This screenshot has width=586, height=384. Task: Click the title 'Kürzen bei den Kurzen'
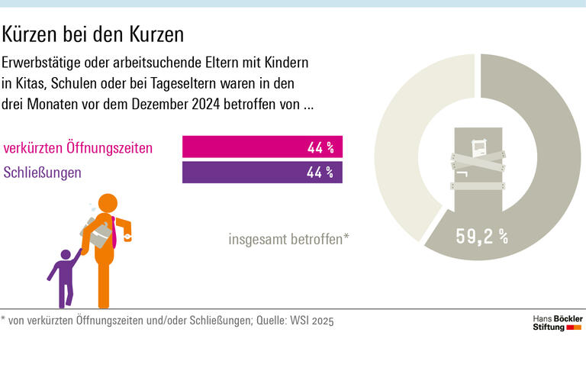pyautogui.click(x=93, y=34)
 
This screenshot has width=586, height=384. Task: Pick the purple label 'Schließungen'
pyautogui.click(x=43, y=173)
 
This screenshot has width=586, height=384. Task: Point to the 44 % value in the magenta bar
pyautogui.click(x=320, y=147)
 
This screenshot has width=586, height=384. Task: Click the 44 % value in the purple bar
pyautogui.click(x=320, y=173)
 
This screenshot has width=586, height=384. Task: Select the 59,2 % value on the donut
pyautogui.click(x=482, y=237)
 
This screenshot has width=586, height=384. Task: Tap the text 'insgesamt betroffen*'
pyautogui.click(x=288, y=239)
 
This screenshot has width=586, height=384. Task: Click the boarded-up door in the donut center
pyautogui.click(x=479, y=168)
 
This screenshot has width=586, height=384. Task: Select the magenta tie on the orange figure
pyautogui.click(x=114, y=233)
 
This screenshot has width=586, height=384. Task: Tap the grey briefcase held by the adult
pyautogui.click(x=98, y=234)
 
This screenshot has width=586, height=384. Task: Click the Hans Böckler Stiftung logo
pyautogui.click(x=556, y=322)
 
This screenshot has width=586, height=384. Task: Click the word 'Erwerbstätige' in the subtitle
pyautogui.click(x=39, y=61)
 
